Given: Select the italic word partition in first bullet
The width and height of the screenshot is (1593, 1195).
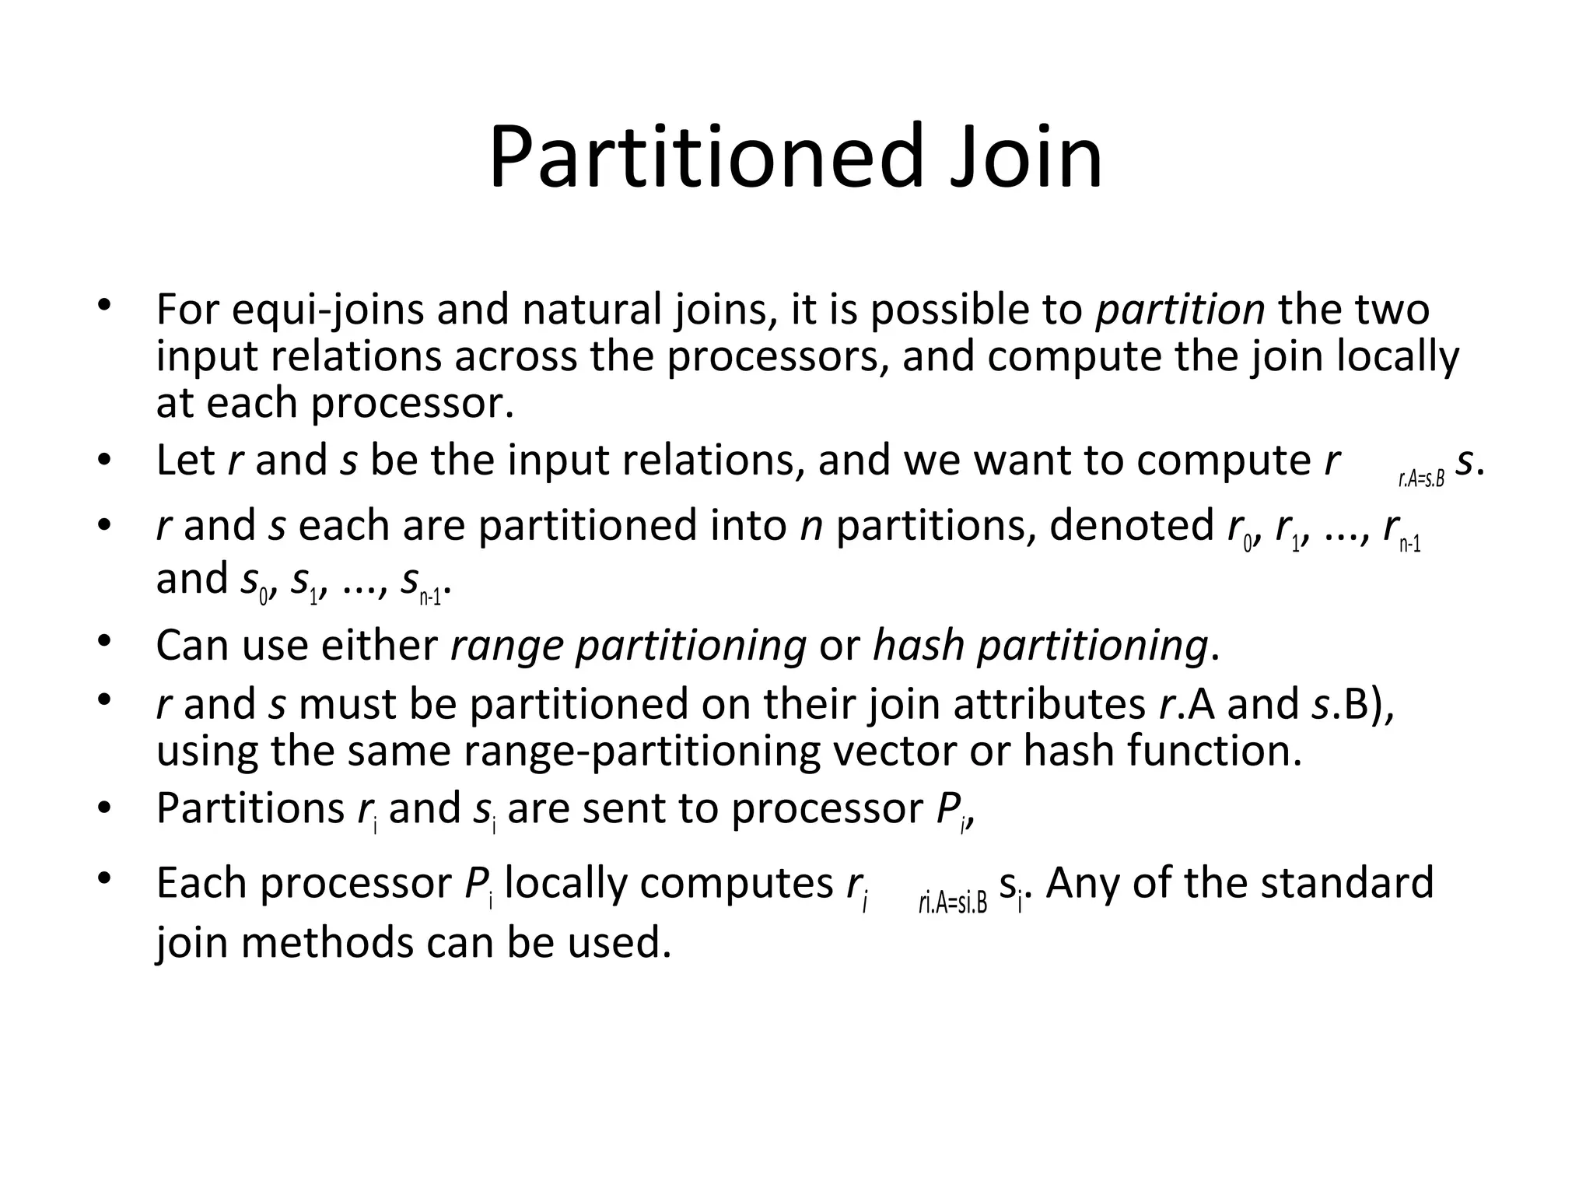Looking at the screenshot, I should click(x=1179, y=310).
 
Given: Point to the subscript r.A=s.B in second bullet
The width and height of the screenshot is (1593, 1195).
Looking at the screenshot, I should click(x=1420, y=479).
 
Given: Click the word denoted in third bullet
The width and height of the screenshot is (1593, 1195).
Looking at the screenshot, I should click(x=1131, y=526).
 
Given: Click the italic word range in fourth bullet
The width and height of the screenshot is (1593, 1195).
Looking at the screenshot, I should click(x=506, y=646).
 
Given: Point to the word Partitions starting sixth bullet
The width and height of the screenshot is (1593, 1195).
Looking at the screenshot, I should click(x=250, y=808).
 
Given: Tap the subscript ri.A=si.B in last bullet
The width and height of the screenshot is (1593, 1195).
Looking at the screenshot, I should click(x=952, y=904).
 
